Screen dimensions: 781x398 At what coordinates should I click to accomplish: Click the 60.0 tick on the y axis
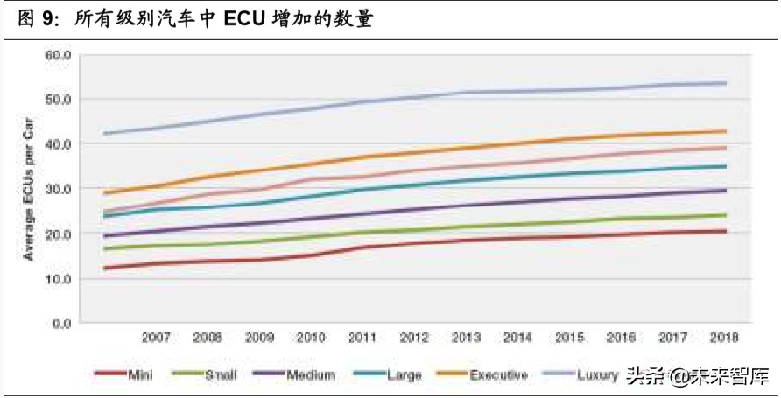tap(59, 55)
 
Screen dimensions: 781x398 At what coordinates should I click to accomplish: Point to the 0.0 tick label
tap(62, 324)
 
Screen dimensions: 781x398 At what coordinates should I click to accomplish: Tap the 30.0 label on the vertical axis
tap(59, 189)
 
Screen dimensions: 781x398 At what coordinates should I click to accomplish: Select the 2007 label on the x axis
tap(156, 338)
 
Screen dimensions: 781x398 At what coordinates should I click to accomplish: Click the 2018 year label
tap(724, 338)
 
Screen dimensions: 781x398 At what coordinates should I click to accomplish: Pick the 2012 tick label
tap(414, 338)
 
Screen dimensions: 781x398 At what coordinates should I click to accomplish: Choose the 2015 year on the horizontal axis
tap(569, 338)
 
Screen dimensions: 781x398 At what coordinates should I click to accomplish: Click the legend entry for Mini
tap(123, 374)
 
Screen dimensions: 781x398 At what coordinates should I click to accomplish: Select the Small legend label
tap(204, 374)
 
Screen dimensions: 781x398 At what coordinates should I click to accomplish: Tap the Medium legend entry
tap(294, 374)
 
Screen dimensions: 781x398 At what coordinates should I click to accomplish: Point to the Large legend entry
tap(387, 374)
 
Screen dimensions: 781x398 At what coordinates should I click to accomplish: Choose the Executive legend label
tap(482, 374)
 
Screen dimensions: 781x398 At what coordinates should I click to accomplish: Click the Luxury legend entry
tap(581, 374)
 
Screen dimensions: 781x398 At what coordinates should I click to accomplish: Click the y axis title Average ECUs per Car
tap(28, 189)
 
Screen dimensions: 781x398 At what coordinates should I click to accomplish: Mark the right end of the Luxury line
tap(725, 83)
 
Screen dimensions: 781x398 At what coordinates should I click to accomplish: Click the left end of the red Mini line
tap(104, 269)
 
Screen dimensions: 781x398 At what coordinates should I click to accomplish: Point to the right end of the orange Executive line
tap(725, 131)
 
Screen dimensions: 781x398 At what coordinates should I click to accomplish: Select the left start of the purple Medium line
tap(104, 236)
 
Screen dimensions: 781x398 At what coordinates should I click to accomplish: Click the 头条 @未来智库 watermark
tap(698, 375)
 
